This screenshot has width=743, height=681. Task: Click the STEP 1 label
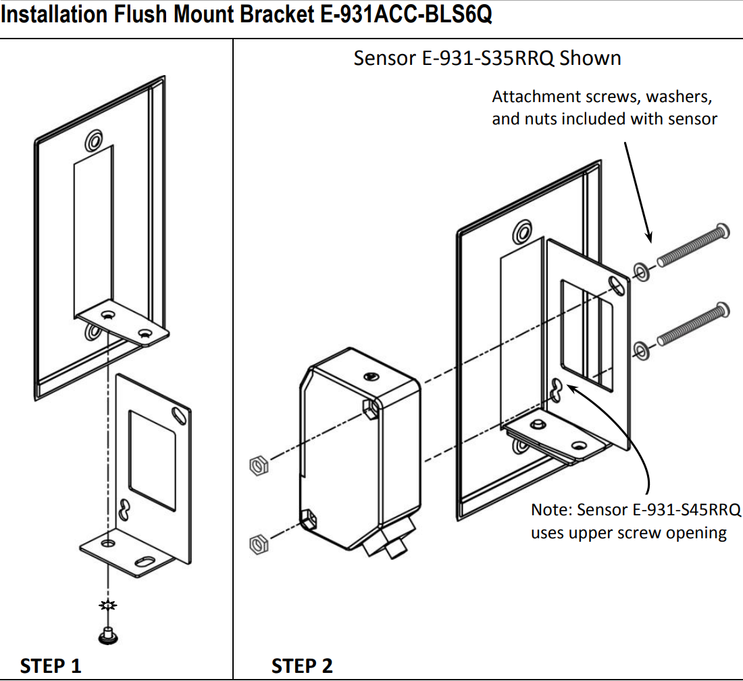pyautogui.click(x=51, y=665)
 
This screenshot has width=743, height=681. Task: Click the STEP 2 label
pyautogui.click(x=302, y=665)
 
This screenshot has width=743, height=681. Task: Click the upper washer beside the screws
pyautogui.click(x=641, y=271)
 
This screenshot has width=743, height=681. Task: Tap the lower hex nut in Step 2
pyautogui.click(x=257, y=542)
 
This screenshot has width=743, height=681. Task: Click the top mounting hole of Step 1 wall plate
pyautogui.click(x=93, y=141)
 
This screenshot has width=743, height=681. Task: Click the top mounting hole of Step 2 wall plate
pyautogui.click(x=521, y=233)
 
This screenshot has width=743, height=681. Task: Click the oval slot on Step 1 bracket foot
pyautogui.click(x=144, y=561)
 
